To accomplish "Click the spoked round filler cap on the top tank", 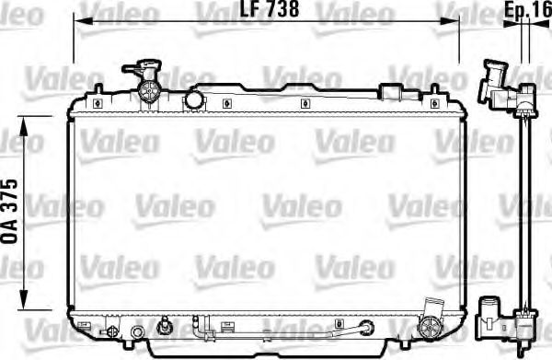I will click(149, 89).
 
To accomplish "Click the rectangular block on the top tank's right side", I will click(393, 93).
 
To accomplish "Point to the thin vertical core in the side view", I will click(524, 212).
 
